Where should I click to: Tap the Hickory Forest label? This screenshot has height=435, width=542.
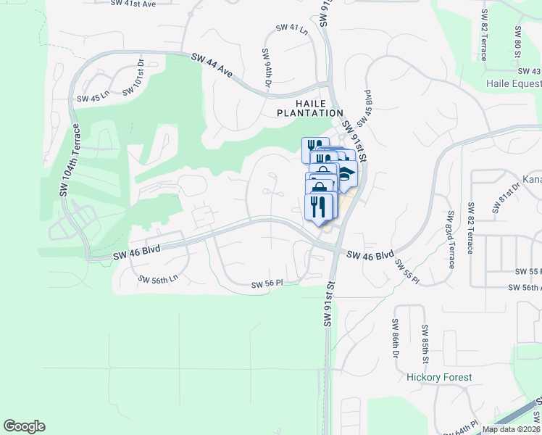pos(439,377)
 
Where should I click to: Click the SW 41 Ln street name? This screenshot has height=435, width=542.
pos(291,28)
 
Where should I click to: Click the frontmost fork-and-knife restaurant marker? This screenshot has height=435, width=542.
pos(319,207)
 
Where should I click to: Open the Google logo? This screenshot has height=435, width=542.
pos(24,426)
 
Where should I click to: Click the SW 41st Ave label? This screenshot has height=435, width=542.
pos(133,4)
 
